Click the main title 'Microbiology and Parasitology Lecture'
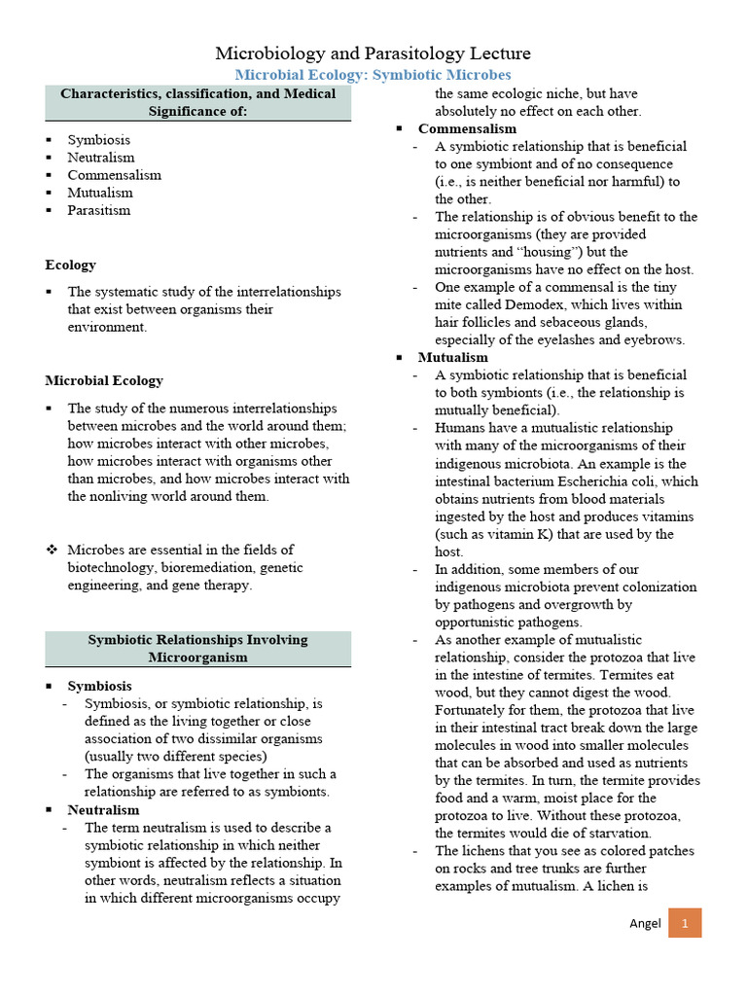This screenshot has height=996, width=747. [373, 53]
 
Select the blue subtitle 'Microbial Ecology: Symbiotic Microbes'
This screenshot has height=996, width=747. [373, 75]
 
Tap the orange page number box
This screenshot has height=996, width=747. [684, 923]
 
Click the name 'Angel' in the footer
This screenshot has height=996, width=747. [644, 923]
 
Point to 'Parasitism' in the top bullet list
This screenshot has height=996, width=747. [98, 210]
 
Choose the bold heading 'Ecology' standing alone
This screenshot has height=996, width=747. [71, 265]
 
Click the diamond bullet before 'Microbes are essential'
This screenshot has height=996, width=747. [53, 550]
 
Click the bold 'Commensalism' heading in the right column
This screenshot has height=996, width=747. [467, 128]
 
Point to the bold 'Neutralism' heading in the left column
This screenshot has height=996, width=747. [103, 809]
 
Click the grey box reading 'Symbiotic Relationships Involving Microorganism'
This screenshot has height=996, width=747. [198, 649]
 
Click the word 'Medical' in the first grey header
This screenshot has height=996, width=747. [307, 93]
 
